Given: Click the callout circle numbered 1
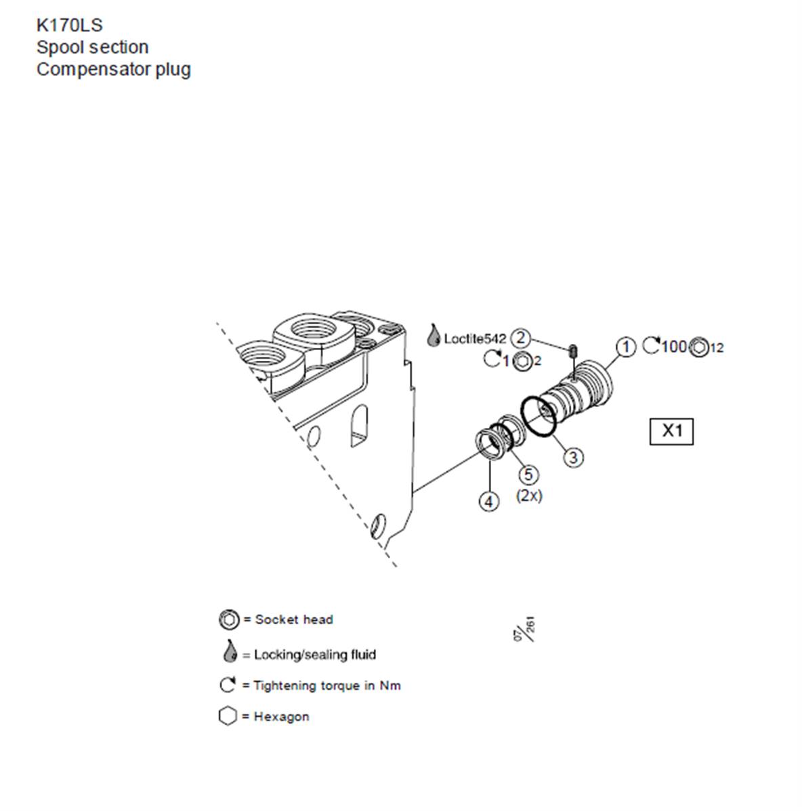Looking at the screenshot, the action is pos(626,347).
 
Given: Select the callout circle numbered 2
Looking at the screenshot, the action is pos(520,338).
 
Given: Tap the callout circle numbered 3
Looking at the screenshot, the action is pos(573,457).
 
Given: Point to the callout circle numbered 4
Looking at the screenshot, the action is pos(489,501).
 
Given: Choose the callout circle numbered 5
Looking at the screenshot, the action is pos(528,475).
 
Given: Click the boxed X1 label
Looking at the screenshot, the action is pos(672,431).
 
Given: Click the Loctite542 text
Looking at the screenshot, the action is pos(475,338).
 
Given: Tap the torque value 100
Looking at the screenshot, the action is pos(674,346).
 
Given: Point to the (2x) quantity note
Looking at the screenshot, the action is pos(529,496).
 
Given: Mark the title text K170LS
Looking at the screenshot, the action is pos(69,25).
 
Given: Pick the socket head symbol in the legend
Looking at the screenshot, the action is pos(229,619).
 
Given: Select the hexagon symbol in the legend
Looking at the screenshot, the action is pos(228,716).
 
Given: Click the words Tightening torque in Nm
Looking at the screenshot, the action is pos(327,686).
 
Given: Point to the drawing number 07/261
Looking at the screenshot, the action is pos(525,629).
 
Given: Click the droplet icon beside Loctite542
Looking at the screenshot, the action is pos(433,336).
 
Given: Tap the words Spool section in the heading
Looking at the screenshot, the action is pos(93,47).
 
